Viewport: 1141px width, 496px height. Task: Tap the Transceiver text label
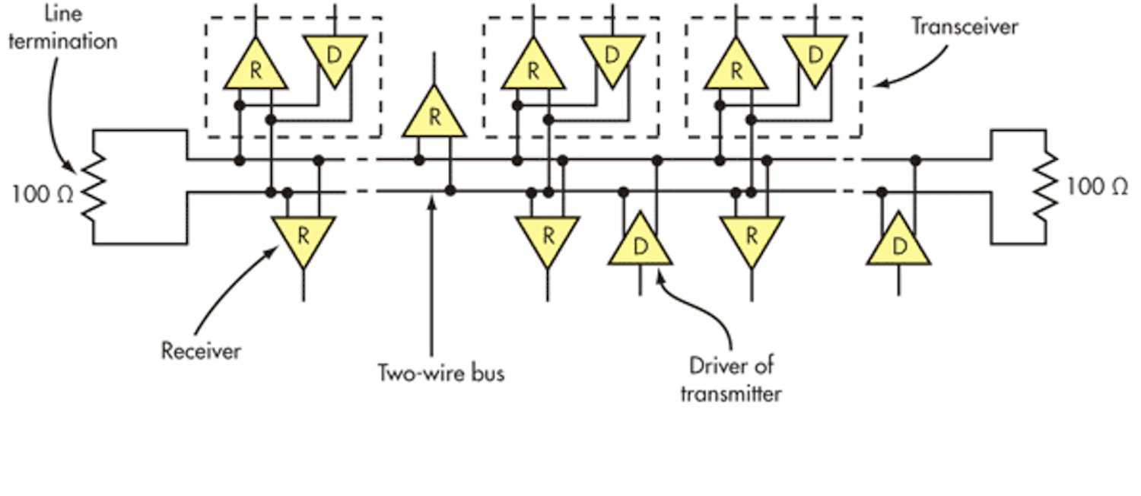965,27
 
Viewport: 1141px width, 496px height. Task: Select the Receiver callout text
201,351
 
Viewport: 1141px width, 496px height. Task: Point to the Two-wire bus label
442,374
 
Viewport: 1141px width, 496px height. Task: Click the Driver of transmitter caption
731,379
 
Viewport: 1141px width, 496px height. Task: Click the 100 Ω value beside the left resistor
43,194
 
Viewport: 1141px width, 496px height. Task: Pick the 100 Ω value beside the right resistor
1096,186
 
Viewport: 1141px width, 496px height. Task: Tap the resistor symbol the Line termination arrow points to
92,186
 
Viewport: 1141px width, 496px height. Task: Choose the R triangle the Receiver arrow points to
303,237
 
